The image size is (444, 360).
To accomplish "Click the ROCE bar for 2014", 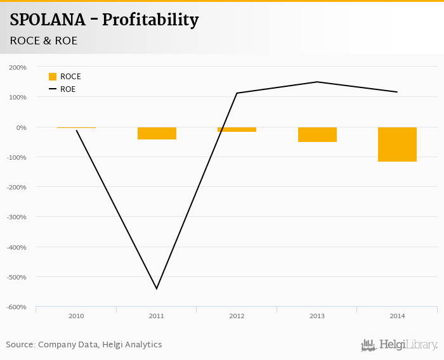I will (x=397, y=145).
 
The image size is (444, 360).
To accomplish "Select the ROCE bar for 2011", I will (x=157, y=133).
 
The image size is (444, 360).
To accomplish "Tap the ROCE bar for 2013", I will (x=317, y=134).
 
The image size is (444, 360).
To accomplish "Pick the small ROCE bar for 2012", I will (x=237, y=129).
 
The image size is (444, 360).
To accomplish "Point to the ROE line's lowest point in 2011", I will (x=157, y=289).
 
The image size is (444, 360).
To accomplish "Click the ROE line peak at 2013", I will (x=317, y=82).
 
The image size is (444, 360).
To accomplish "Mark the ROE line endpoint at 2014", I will (x=397, y=92).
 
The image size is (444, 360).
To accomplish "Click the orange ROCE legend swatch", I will (x=53, y=77).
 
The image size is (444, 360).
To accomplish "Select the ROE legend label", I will (x=68, y=89).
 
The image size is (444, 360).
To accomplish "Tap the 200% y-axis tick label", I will (x=18, y=67).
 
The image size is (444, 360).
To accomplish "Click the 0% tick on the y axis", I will (x=21, y=127).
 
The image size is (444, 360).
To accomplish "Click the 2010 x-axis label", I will (x=76, y=316).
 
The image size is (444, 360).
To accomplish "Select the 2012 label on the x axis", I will (x=237, y=316).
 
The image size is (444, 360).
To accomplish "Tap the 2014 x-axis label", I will (x=397, y=316).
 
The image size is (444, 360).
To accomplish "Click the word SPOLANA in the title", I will (x=48, y=20).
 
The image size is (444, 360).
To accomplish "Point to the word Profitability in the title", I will (x=150, y=20).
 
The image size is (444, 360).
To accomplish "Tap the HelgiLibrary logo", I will (x=400, y=345).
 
